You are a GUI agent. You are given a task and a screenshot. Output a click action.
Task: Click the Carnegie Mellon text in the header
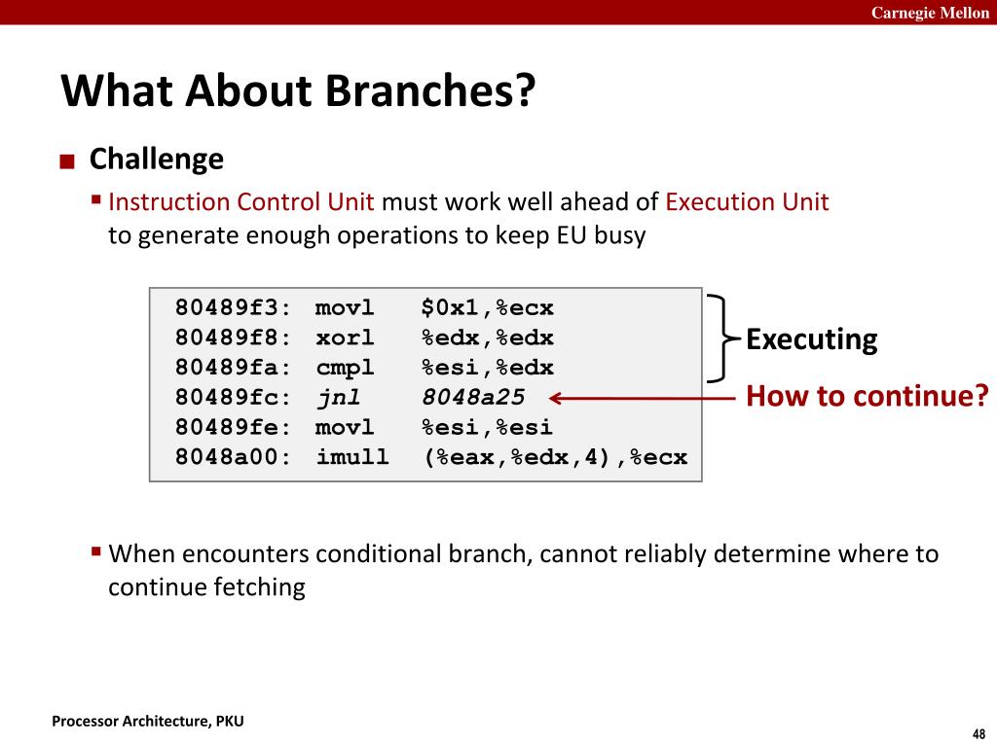point(930,13)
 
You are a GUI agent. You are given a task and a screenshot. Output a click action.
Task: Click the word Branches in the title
point(431,89)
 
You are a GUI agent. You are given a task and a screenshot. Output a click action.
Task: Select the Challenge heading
point(157,159)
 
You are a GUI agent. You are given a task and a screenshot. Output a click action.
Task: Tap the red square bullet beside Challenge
point(67,161)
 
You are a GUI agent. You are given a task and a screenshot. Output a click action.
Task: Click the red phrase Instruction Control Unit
point(241,202)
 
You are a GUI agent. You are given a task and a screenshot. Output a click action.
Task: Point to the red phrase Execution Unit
point(747,202)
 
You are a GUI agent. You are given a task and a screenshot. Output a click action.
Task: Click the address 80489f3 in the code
point(227,307)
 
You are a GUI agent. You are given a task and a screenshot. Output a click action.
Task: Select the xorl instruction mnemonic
point(345,338)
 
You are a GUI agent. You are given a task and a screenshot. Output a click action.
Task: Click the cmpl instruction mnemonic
point(345,369)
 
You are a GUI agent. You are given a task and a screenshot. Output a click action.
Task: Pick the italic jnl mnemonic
point(339,398)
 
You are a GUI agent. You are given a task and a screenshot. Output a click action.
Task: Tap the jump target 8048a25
point(474,397)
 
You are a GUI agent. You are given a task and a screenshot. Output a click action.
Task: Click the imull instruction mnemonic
point(352,457)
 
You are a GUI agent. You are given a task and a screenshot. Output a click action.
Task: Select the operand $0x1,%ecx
point(488,307)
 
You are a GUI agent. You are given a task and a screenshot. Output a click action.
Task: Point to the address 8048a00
point(227,457)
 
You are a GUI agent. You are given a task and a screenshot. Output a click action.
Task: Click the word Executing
point(811,339)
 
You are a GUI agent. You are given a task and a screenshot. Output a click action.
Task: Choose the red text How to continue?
point(868,396)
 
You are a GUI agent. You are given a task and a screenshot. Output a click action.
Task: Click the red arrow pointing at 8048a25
point(643,398)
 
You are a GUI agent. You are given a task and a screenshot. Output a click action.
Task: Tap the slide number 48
point(979,733)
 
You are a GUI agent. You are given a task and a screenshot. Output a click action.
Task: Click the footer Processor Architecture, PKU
point(148,721)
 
